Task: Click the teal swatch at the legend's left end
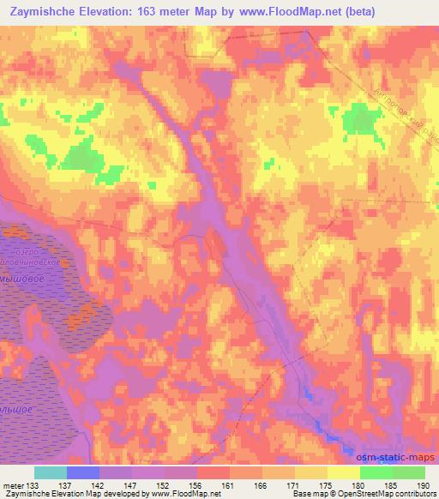[x=51, y=472]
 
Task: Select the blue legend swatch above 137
[x=83, y=472]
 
